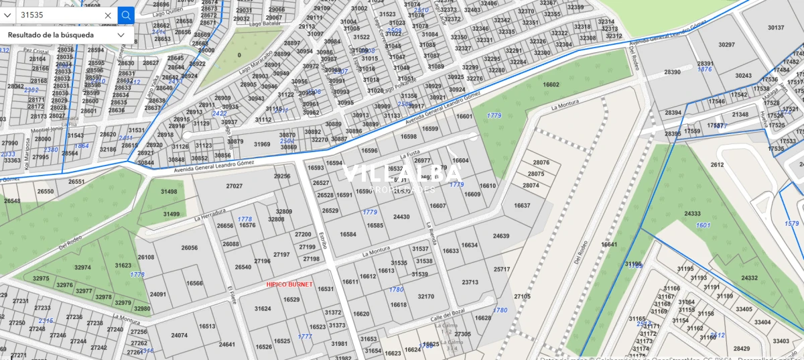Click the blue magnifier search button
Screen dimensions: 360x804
tap(126, 15)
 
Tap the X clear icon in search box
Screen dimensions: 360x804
tap(108, 15)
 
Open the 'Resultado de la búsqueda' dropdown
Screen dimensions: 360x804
tap(121, 35)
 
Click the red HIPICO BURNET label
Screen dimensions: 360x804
tap(289, 285)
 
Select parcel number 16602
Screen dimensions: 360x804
tap(551, 85)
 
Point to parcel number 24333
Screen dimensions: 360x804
tap(692, 214)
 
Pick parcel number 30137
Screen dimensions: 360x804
tap(775, 27)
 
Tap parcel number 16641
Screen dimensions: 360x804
tap(609, 245)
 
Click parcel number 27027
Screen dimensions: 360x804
tap(234, 186)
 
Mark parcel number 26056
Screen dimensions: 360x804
tap(190, 247)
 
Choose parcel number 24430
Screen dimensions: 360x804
tap(401, 217)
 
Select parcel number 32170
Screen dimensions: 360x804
tap(425, 296)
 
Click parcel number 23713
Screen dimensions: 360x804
tap(470, 282)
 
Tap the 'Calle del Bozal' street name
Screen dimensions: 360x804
tap(447, 316)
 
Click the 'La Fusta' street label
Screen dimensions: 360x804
tap(409, 155)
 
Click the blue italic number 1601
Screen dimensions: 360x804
tap(703, 225)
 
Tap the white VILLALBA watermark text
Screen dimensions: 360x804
tap(402, 174)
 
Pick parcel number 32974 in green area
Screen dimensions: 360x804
tap(82, 267)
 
